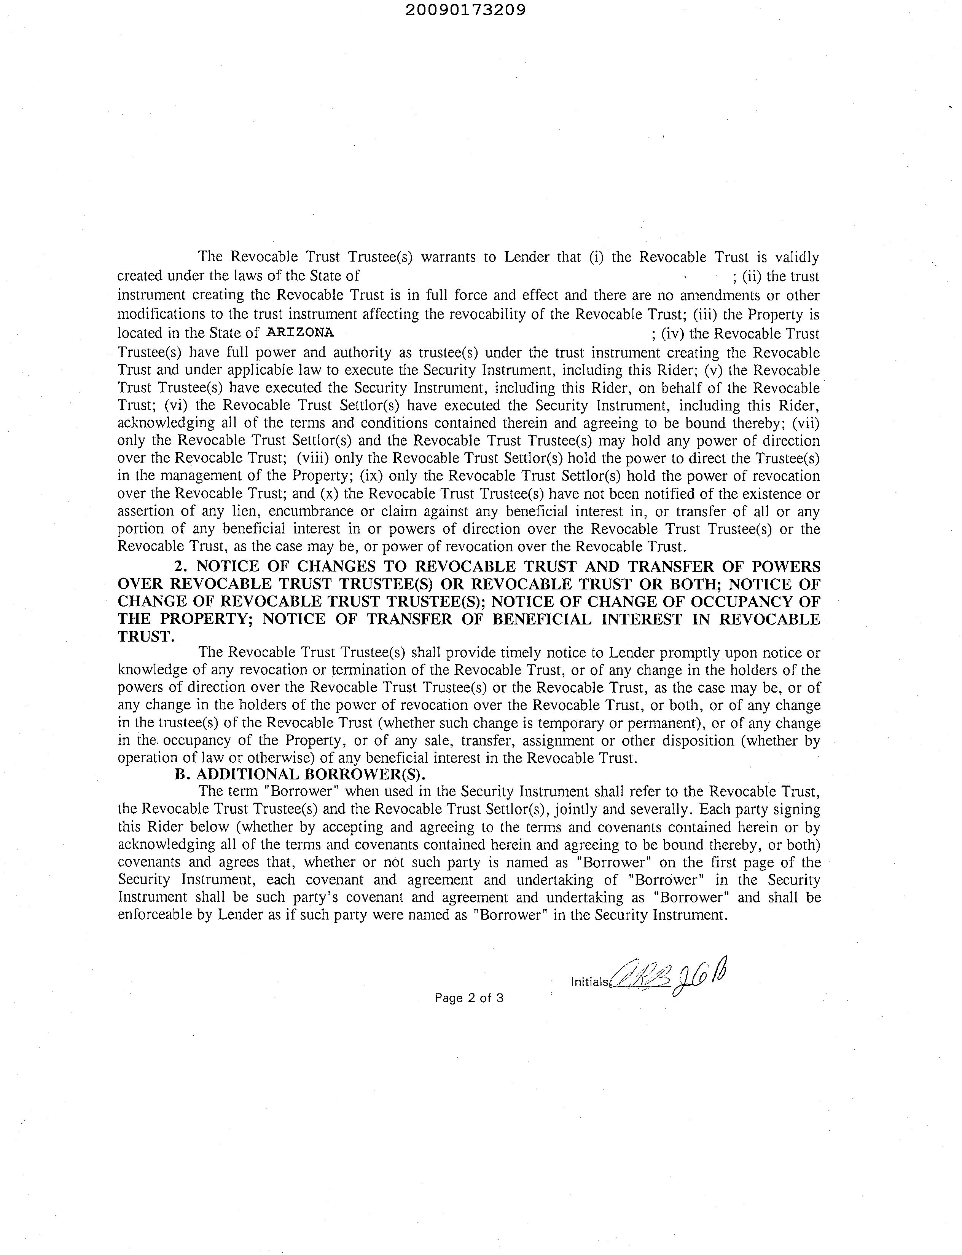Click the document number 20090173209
point(465,10)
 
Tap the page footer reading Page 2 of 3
point(469,998)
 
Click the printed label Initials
point(590,982)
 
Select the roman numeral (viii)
point(312,458)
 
